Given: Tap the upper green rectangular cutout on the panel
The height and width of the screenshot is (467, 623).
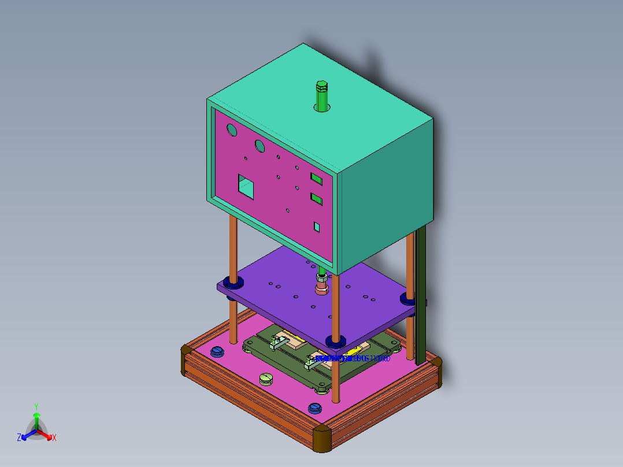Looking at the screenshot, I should (316, 177).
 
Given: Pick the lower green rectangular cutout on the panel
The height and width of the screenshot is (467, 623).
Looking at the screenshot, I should (316, 199).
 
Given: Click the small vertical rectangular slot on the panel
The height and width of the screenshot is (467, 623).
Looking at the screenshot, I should (317, 226).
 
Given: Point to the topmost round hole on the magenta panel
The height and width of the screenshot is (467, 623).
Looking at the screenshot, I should (232, 130).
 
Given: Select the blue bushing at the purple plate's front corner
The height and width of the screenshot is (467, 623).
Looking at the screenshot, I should (335, 340).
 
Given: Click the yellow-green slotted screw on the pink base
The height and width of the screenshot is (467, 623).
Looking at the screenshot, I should (266, 379).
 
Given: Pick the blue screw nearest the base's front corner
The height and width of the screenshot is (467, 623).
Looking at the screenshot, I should (314, 408).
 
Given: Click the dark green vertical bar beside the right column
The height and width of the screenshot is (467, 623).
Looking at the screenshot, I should (421, 295).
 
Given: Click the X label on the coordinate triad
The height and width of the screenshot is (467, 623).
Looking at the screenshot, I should (54, 438).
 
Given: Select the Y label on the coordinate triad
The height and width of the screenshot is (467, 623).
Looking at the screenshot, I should (36, 406).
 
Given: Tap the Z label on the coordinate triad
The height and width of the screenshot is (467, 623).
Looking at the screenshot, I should (19, 438).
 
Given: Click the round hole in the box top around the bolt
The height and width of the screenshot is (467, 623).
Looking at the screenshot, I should (329, 108).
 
